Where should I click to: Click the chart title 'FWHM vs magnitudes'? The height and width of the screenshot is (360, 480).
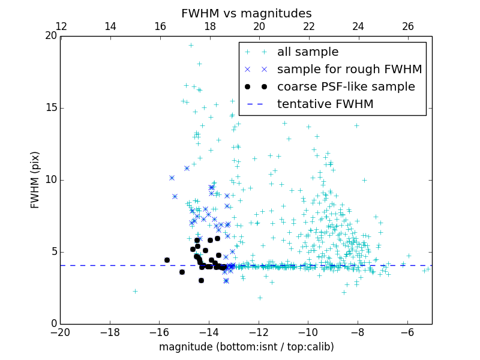pyautogui.click(x=246, y=13)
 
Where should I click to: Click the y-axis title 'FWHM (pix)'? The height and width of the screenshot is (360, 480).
pyautogui.click(x=35, y=179)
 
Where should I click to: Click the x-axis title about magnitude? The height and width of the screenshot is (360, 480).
pyautogui.click(x=246, y=347)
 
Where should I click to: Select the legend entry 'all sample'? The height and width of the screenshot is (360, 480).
pyautogui.click(x=308, y=52)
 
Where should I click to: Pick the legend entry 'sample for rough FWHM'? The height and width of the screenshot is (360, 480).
pyautogui.click(x=349, y=70)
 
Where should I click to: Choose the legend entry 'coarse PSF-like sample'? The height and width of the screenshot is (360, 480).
pyautogui.click(x=346, y=87)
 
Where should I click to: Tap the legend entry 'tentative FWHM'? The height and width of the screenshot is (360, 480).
pyautogui.click(x=325, y=104)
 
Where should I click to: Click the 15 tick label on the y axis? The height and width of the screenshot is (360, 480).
pyautogui.click(x=50, y=108)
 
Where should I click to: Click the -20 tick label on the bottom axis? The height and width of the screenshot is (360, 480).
pyautogui.click(x=60, y=332)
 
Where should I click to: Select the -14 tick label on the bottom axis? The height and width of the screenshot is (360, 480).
pyautogui.click(x=209, y=332)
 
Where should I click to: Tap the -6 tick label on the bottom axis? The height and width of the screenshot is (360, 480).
pyautogui.click(x=407, y=332)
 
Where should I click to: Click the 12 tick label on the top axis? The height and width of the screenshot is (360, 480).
pyautogui.click(x=61, y=26)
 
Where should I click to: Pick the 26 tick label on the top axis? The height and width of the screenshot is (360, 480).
pyautogui.click(x=408, y=26)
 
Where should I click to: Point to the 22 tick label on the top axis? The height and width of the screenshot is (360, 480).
pyautogui.click(x=308, y=26)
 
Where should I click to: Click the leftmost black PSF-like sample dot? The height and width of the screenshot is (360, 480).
pyautogui.click(x=167, y=260)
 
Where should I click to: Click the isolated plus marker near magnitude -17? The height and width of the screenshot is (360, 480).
pyautogui.click(x=135, y=291)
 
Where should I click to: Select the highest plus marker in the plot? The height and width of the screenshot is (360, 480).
pyautogui.click(x=191, y=45)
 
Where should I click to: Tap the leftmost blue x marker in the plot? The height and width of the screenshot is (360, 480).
pyautogui.click(x=172, y=178)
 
